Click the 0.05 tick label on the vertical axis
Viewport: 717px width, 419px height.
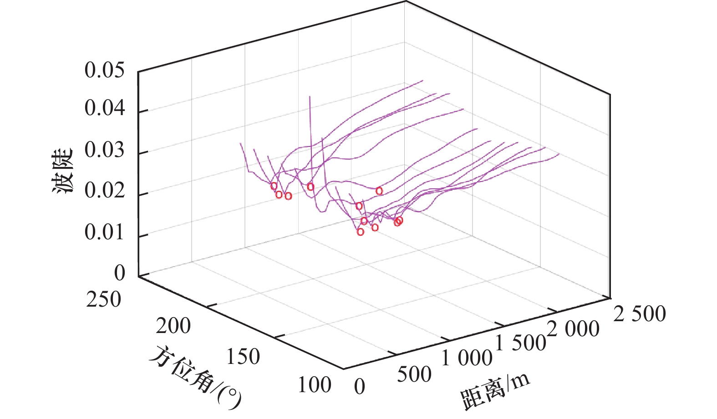(x=104, y=71)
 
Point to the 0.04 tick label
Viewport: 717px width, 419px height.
(x=104, y=109)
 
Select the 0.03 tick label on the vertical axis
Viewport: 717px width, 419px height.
(x=104, y=150)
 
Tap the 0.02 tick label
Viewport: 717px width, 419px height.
(x=104, y=191)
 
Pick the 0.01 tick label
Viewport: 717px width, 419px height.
(x=104, y=232)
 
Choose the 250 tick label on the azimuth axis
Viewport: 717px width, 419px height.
(x=104, y=300)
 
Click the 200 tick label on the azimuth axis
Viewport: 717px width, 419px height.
(x=173, y=326)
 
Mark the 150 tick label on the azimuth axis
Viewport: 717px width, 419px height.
(x=243, y=357)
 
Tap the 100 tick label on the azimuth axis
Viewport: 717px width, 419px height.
(x=314, y=385)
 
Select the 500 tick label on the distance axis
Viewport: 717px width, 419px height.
(x=414, y=374)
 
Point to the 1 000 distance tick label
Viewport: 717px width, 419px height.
(x=467, y=358)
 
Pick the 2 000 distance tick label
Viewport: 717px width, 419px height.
(x=573, y=329)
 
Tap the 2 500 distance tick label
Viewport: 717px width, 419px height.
(x=640, y=314)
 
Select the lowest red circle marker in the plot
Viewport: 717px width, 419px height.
(x=361, y=232)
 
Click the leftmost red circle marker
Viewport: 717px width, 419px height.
(x=274, y=186)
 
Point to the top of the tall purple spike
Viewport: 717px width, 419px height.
(x=310, y=96)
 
